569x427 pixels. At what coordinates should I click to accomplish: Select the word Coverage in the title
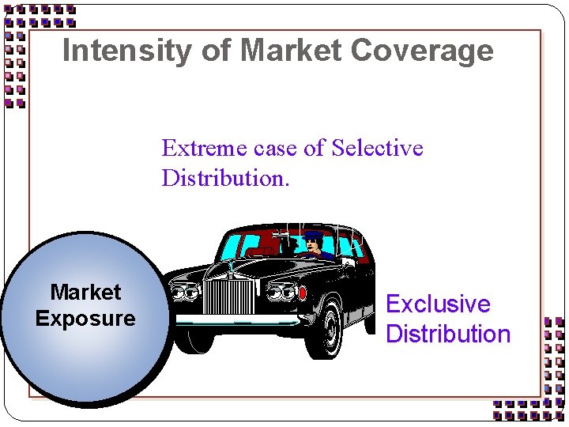pos(422,51)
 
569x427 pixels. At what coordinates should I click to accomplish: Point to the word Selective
pos(378,148)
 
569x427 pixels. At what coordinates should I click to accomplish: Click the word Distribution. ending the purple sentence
pos(226,178)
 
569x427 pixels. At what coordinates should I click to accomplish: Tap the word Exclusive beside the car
pos(438,304)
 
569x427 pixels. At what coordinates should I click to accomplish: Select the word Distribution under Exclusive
pos(448,334)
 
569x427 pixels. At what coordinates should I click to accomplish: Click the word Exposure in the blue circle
pos(85,319)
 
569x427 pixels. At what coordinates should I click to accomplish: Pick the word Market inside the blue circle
pos(85,293)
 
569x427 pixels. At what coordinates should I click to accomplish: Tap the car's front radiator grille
pos(229,295)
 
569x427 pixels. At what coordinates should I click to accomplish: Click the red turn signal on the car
pos(302,292)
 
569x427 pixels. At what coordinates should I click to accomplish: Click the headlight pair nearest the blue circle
pos(184,293)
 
